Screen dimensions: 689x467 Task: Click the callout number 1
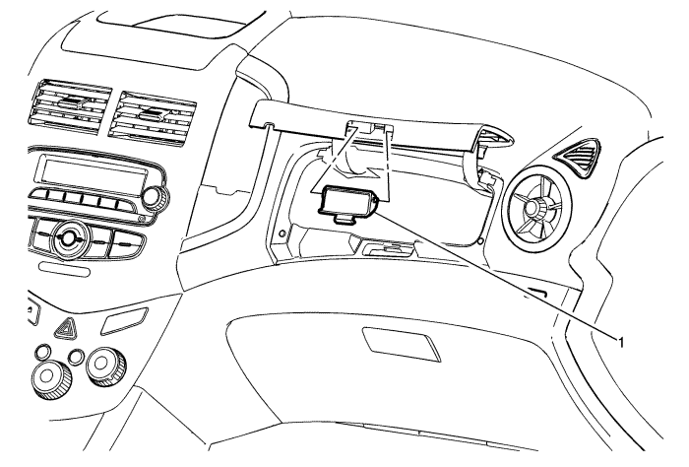621,342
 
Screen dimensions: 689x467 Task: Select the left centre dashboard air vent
70,106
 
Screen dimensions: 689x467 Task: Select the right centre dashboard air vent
152,116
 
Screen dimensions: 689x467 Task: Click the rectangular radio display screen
95,172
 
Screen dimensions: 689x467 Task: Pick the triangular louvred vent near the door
576,159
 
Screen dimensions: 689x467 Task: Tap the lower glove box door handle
402,344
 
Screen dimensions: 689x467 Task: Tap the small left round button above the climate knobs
44,352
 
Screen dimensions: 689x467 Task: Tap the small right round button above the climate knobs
76,357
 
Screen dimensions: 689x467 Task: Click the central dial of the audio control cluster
68,237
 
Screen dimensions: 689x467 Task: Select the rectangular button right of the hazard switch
124,321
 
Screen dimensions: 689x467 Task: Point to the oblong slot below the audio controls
64,269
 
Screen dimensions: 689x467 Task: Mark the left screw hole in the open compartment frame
282,232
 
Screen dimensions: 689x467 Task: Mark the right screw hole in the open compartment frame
480,240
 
